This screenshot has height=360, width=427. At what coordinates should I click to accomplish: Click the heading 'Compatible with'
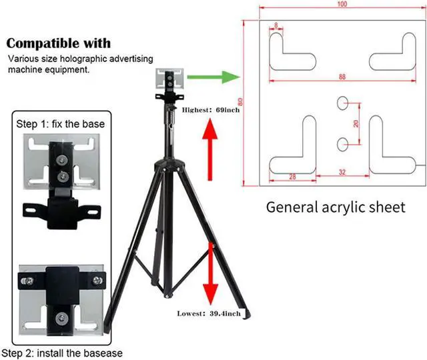click(x=59, y=43)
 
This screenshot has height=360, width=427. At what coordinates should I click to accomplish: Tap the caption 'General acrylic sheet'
click(x=336, y=207)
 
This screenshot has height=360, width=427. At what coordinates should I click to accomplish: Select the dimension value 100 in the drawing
click(x=342, y=5)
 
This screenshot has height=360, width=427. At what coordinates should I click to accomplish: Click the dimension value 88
click(x=342, y=77)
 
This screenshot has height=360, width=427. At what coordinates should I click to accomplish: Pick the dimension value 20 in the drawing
click(x=356, y=123)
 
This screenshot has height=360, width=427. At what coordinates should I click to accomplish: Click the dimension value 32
click(x=342, y=173)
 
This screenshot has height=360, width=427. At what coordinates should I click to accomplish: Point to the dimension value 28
click(x=292, y=176)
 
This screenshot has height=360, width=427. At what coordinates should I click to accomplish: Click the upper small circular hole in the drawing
click(x=343, y=102)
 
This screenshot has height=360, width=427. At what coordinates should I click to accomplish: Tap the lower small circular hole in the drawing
click(x=343, y=143)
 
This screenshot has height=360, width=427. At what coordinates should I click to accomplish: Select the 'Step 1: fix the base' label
click(x=60, y=124)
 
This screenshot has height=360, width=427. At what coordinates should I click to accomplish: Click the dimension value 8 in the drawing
click(x=276, y=26)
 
